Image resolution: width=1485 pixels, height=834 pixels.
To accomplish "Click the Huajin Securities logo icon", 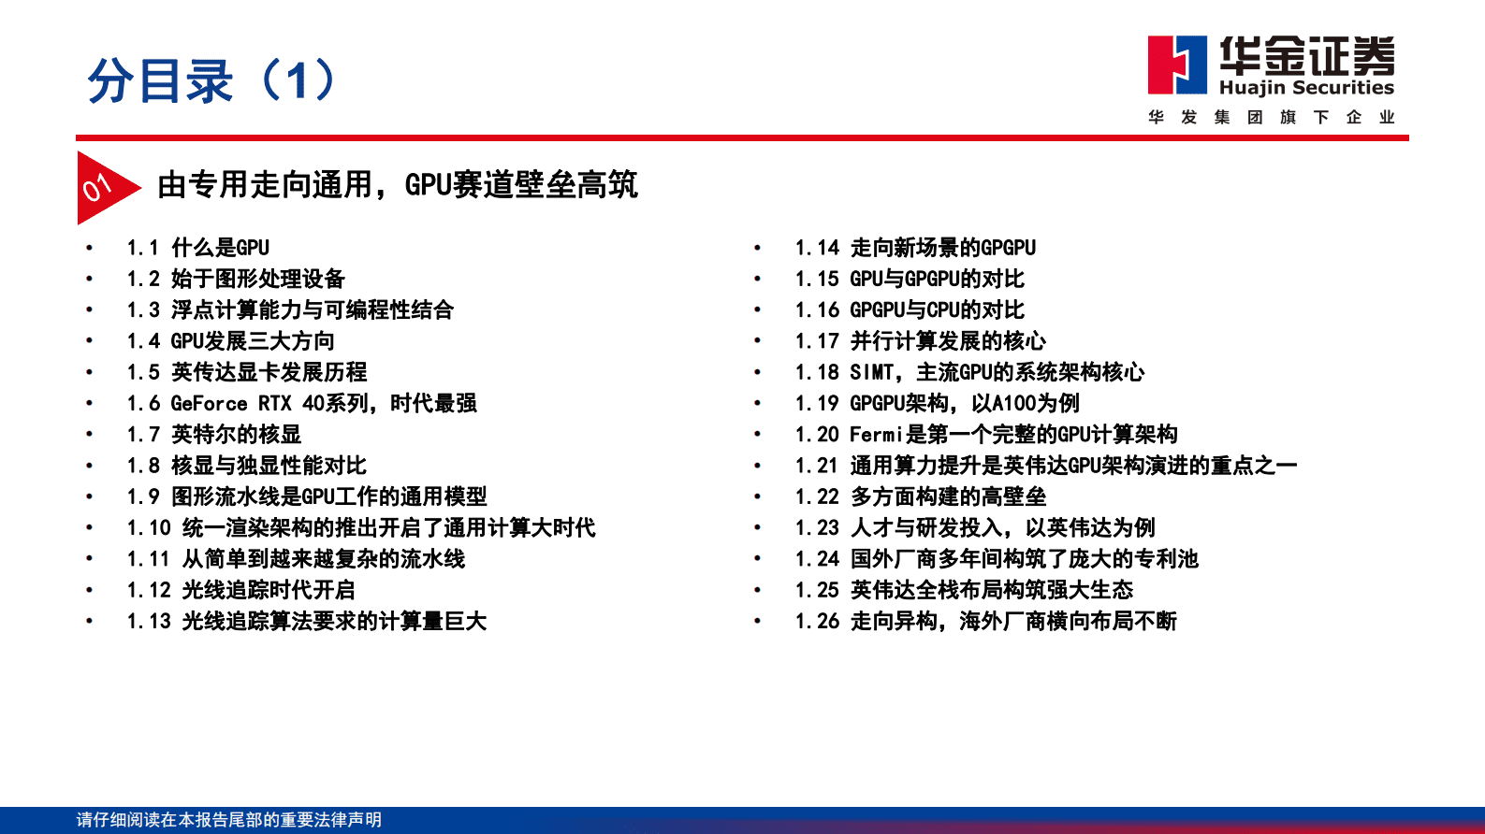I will pyautogui.click(x=1177, y=65).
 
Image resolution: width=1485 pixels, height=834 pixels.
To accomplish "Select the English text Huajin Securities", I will pyautogui.click(x=1306, y=88).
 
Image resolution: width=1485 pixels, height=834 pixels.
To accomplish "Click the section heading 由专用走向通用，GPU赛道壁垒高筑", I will pyautogui.click(x=397, y=185).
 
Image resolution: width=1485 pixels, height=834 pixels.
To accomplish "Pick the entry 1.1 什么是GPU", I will pyautogui.click(x=197, y=248).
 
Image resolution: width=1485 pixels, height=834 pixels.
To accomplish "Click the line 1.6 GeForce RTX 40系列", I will pyautogui.click(x=301, y=403).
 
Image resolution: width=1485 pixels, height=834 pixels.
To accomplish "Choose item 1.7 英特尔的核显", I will pyautogui.click(x=214, y=434).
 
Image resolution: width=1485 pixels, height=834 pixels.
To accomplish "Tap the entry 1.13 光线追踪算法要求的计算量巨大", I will pyautogui.click(x=307, y=621).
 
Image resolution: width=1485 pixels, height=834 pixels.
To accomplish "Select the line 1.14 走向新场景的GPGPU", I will pyautogui.click(x=915, y=248).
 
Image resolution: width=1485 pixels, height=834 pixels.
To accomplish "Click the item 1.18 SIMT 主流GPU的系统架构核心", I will pyautogui.click(x=969, y=372).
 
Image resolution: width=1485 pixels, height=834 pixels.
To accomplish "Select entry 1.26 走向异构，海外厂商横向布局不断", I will pyautogui.click(x=985, y=621).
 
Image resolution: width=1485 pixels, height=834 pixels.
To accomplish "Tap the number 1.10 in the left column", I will pyautogui.click(x=149, y=527).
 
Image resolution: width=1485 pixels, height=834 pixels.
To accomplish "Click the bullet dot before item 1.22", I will pyautogui.click(x=758, y=496).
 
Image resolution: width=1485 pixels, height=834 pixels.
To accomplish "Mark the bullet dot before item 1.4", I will pyautogui.click(x=90, y=340).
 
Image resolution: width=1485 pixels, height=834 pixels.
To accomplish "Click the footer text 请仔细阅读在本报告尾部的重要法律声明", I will pyautogui.click(x=229, y=820).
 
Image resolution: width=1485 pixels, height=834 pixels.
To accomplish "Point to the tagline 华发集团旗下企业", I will pyautogui.click(x=1271, y=117).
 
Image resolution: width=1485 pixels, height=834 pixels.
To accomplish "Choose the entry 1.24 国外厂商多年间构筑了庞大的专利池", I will pyautogui.click(x=997, y=558).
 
